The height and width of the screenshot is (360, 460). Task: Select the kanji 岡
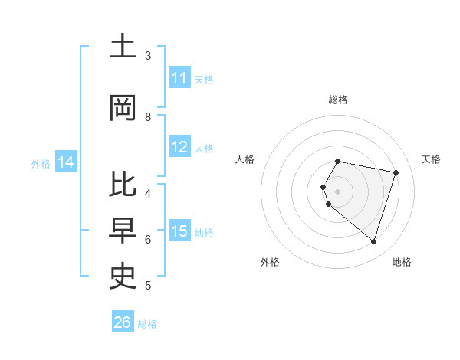coord(123,108)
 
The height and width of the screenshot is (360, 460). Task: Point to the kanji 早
coord(123,231)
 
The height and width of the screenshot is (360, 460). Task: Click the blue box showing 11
coord(179,78)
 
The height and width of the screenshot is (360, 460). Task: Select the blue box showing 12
coord(179,147)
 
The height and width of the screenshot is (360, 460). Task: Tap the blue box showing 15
coord(179,231)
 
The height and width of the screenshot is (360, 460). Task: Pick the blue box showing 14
coord(66,162)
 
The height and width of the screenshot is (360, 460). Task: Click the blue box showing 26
coord(123,322)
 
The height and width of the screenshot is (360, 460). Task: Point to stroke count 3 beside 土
coord(148,56)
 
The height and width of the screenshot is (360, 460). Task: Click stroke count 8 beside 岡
coord(148,116)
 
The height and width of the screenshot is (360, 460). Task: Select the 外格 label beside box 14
coord(41,163)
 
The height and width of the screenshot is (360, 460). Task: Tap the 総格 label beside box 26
coord(148,324)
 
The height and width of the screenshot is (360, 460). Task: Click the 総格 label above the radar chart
coord(337,100)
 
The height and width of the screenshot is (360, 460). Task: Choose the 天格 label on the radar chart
coord(431,159)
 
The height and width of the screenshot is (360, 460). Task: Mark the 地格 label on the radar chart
coord(402,262)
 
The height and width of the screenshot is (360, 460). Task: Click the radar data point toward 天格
coord(396,172)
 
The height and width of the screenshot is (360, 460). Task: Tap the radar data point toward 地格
coord(373,241)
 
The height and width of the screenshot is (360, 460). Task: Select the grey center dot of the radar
coord(337,191)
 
